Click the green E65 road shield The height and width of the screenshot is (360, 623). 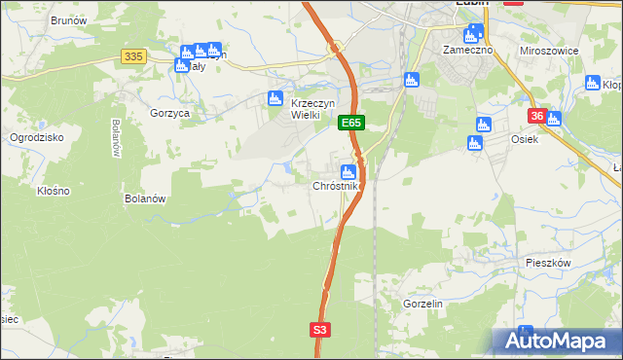351,124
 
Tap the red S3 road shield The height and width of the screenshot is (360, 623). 321,331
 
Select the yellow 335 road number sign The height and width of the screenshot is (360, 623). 134,57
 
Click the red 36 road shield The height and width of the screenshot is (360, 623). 536,116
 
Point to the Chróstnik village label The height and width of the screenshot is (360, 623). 337,186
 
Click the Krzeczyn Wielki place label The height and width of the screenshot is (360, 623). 313,108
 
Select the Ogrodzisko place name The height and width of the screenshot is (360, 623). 36,137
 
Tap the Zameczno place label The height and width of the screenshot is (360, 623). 468,49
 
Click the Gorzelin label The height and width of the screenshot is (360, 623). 422,304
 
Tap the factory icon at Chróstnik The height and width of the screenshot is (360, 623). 348,172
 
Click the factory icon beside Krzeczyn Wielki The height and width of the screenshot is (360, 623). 275,97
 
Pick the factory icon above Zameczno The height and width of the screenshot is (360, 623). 472,35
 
